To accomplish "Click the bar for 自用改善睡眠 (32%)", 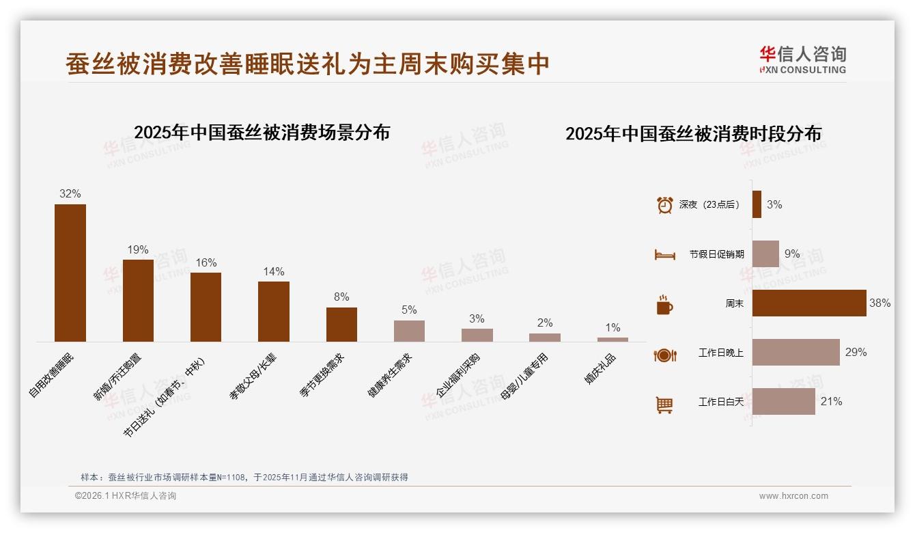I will tap(70, 273).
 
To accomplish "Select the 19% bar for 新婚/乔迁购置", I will tap(138, 301).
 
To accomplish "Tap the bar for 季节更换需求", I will tap(341, 325).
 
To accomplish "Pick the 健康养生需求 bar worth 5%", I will tap(409, 331).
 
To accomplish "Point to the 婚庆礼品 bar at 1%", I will tap(613, 340).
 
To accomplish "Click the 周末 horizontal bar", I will tap(809, 303).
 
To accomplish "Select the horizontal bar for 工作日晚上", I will tap(796, 352).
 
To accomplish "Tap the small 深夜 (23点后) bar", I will tap(757, 204).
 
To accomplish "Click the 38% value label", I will tap(879, 303).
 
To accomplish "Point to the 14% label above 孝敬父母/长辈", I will tap(273, 272).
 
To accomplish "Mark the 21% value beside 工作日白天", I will tap(831, 402).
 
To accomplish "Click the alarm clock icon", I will tap(664, 205).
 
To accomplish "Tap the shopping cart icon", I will tap(664, 405).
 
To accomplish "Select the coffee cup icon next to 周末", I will tap(664, 305).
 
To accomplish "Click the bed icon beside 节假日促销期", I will tap(664, 255).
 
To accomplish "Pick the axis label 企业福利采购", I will tap(462, 377).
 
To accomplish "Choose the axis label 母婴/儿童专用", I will tap(524, 377).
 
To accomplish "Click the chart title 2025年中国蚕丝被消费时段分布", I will tap(693, 134).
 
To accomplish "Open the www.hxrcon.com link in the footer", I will tap(793, 496).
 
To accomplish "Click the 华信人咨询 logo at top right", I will tap(802, 59).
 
